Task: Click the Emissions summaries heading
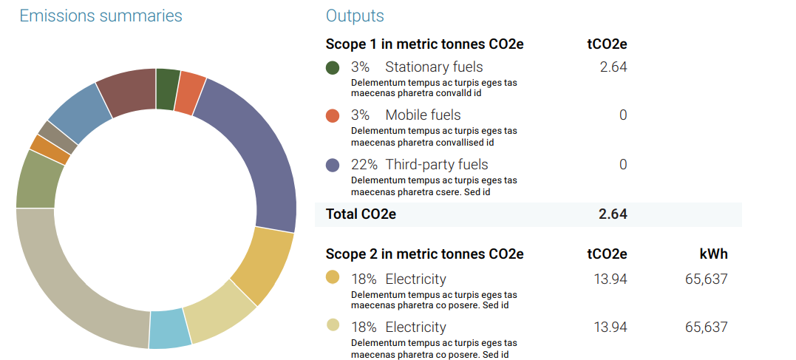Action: [101, 16]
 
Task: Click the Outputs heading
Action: [355, 16]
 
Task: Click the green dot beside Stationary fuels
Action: [333, 67]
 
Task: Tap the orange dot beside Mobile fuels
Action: [333, 115]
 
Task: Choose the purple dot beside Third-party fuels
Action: [333, 165]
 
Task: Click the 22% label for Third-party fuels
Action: [364, 164]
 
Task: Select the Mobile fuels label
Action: [423, 115]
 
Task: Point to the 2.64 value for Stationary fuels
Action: [613, 67]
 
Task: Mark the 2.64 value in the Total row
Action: [613, 214]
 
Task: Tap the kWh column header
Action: [713, 254]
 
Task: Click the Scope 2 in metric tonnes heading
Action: [424, 254]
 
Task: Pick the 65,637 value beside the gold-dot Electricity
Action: [706, 279]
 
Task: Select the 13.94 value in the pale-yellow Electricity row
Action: [610, 327]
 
